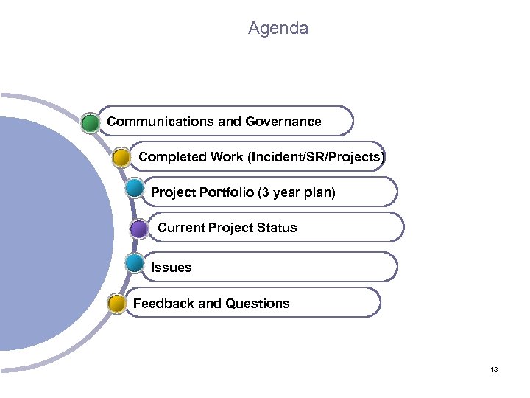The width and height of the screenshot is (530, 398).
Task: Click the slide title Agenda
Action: pyautogui.click(x=278, y=29)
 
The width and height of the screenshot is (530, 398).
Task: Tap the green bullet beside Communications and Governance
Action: pyautogui.click(x=91, y=122)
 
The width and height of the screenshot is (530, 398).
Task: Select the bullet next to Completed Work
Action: pyautogui.click(x=122, y=157)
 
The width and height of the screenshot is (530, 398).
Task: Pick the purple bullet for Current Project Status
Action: pyautogui.click(x=139, y=228)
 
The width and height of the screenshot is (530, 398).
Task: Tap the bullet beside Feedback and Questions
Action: pyautogui.click(x=116, y=303)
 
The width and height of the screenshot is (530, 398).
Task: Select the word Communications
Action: pyautogui.click(x=156, y=121)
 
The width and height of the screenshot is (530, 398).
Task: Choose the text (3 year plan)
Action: pyautogui.click(x=296, y=192)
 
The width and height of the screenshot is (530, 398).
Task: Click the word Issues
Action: pyautogui.click(x=171, y=268)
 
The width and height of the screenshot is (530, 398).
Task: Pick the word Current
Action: pyautogui.click(x=181, y=228)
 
